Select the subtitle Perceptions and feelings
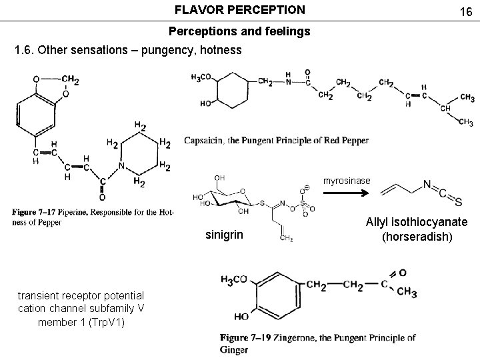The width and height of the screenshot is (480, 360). point(239,31)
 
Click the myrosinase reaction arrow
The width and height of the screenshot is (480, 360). point(346,193)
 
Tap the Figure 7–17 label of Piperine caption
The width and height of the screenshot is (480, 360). point(37,213)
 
